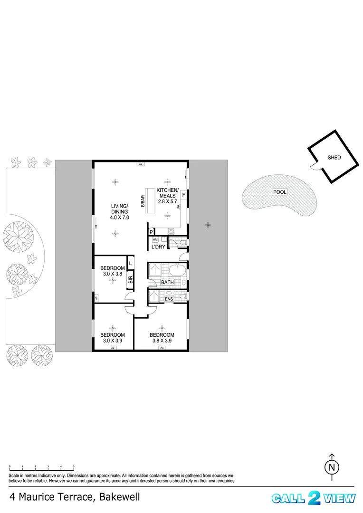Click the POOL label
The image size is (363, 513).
pyautogui.click(x=278, y=192)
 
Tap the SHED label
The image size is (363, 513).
pyautogui.click(x=334, y=157)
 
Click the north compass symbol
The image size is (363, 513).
pyautogui.click(x=332, y=466)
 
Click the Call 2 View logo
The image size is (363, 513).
pyautogui.click(x=313, y=498)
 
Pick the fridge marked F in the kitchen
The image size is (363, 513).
pyautogui.click(x=183, y=195)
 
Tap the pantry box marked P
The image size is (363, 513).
pyautogui.click(x=151, y=232)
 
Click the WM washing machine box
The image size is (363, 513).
pyautogui.click(x=155, y=240)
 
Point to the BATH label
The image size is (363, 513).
pyautogui.click(x=167, y=282)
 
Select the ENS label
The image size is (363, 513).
pyautogui.click(x=169, y=299)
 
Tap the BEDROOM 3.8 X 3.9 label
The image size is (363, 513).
pyautogui.click(x=162, y=337)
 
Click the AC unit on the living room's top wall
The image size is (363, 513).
pyautogui.click(x=140, y=164)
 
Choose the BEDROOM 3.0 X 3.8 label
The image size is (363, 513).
pyautogui.click(x=112, y=270)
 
